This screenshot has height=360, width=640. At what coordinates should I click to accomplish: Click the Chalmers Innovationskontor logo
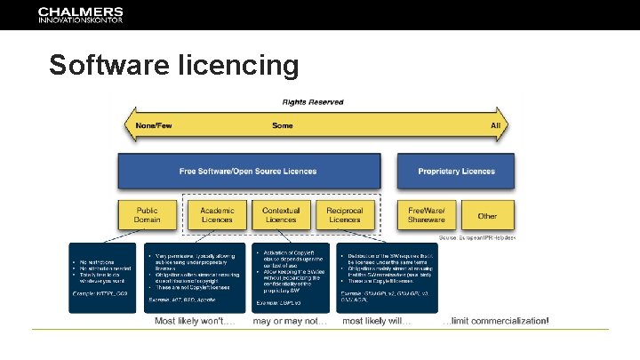pyautogui.click(x=81, y=15)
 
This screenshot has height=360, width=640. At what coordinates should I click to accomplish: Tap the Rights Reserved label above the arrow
pyautogui.click(x=313, y=102)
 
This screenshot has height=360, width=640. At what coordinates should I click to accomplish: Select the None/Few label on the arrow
pyautogui.click(x=156, y=125)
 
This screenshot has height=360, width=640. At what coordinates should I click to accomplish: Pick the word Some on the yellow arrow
pyautogui.click(x=282, y=125)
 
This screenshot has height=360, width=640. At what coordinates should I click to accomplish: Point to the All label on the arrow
pyautogui.click(x=496, y=125)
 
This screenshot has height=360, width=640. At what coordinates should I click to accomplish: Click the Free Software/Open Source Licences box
pyautogui.click(x=248, y=171)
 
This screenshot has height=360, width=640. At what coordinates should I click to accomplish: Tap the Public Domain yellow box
pyautogui.click(x=148, y=215)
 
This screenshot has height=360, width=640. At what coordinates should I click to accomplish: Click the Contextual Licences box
pyautogui.click(x=281, y=215)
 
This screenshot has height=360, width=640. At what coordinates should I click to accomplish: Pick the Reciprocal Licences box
pyautogui.click(x=345, y=215)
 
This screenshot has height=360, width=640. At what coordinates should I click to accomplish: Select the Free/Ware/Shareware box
pyautogui.click(x=426, y=215)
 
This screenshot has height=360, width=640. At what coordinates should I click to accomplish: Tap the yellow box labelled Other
pyautogui.click(x=487, y=215)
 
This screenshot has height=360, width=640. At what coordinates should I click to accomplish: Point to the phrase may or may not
pyautogui.click(x=290, y=320)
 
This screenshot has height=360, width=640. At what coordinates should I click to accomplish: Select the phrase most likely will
pyautogui.click(x=377, y=320)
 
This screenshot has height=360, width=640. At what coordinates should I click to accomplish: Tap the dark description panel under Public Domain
pyautogui.click(x=102, y=277)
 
